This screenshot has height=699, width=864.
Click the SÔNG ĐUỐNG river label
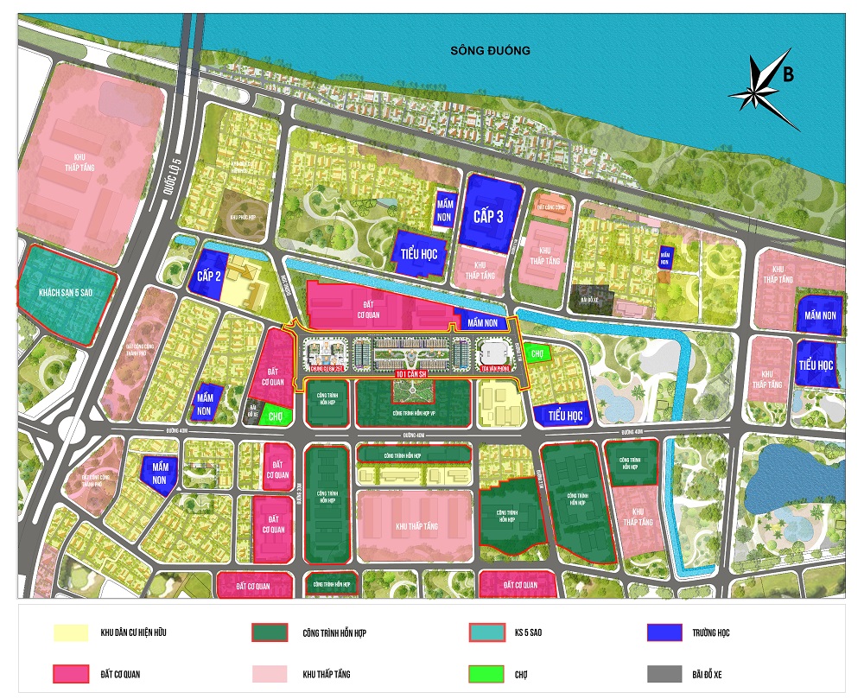click(x=490, y=51)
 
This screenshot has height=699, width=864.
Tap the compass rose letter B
click(x=788, y=74)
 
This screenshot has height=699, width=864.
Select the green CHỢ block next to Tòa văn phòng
click(x=537, y=353)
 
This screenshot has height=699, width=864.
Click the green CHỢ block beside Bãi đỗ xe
click(x=276, y=416)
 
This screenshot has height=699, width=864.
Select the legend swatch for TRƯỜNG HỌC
click(x=670, y=632)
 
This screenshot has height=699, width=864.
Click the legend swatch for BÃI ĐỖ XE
click(x=670, y=674)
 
